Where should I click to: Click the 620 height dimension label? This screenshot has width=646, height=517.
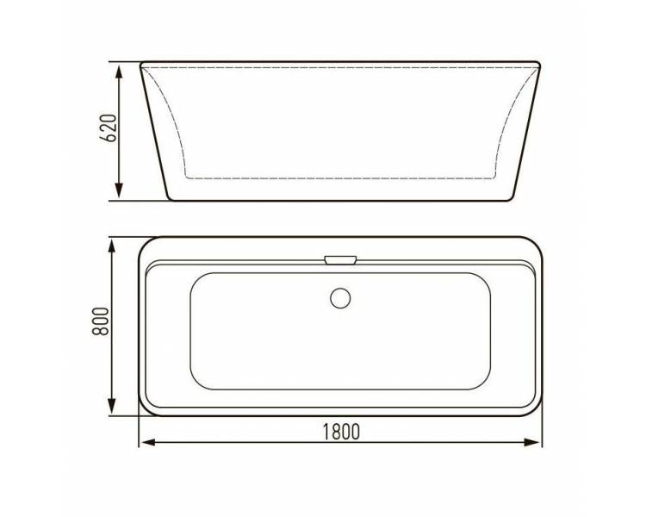point(109,128)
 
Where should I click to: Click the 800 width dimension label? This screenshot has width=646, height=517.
point(100,322)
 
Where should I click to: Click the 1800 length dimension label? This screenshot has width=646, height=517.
point(341,432)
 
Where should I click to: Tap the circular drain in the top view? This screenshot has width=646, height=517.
point(340,298)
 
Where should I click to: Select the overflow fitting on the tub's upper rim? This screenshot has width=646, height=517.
point(340,259)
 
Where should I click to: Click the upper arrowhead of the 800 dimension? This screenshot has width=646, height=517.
point(111,246)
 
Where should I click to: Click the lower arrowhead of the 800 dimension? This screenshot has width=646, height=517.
point(111,406)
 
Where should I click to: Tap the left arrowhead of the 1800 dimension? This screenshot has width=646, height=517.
point(147,442)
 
